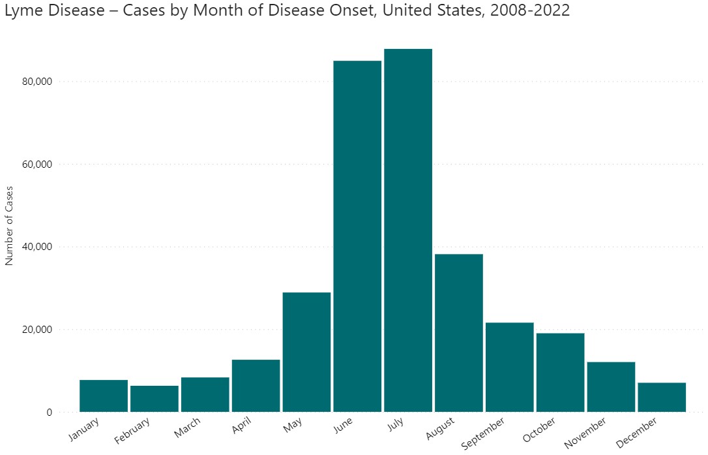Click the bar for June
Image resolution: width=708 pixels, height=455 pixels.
(x=357, y=236)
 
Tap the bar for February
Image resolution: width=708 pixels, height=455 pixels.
(x=155, y=398)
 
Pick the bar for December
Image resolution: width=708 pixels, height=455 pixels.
(x=662, y=397)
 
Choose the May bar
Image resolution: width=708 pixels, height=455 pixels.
(x=306, y=352)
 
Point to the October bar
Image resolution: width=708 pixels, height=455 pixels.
(x=560, y=372)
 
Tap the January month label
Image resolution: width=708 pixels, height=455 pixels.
(x=84, y=429)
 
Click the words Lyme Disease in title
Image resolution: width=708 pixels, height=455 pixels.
(x=45, y=11)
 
